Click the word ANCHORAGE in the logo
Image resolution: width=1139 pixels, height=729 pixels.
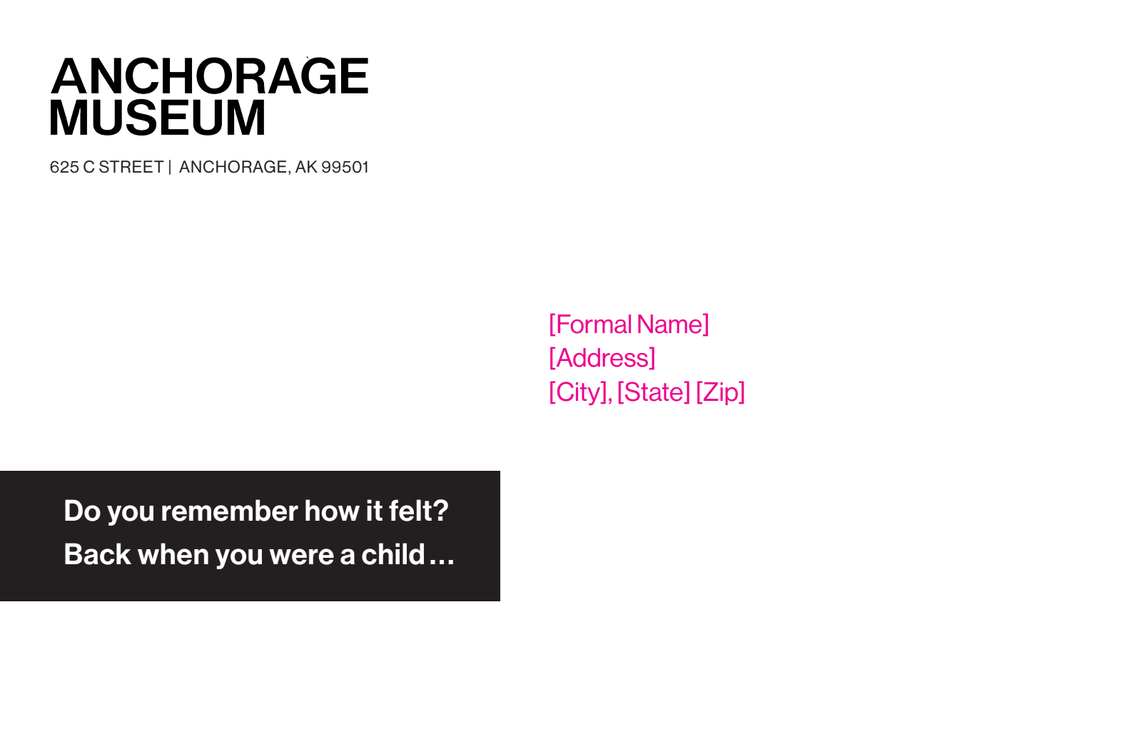210,76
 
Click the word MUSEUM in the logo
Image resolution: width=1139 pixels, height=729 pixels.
158,118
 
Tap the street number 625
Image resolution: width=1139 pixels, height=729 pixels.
64,167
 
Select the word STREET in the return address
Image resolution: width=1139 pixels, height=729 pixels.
131,167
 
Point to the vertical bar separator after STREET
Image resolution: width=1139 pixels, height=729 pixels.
170,167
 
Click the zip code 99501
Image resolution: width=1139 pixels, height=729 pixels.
345,167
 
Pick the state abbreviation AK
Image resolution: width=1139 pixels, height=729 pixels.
306,167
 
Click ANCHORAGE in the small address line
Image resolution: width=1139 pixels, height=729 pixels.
233,167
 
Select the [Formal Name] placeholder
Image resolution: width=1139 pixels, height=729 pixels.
629,325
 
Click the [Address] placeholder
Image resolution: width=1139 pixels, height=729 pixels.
602,358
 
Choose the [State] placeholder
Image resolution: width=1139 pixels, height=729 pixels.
654,392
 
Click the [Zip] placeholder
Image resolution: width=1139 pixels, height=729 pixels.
720,392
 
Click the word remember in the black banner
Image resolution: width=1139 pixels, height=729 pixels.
229,511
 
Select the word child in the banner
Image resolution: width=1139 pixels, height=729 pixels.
393,554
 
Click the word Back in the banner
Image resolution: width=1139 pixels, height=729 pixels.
97,554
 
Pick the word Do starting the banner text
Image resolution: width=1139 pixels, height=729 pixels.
82,511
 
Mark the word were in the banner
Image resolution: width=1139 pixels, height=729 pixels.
302,556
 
